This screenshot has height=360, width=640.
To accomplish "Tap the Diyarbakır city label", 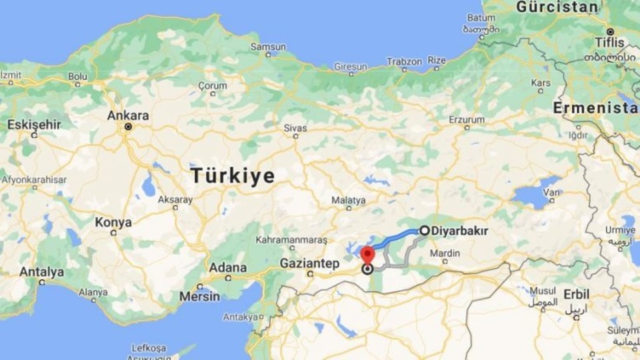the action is point(460,231).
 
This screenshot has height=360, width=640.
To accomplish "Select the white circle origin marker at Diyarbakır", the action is point(424,231).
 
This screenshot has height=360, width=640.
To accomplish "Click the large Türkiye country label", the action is point(233,176).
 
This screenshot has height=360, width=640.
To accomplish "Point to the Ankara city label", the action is point(128,115).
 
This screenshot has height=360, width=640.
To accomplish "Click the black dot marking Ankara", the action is point(128,126).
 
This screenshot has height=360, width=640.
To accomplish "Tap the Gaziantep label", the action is point(309,263).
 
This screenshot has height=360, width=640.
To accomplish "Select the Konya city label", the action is point(113,222).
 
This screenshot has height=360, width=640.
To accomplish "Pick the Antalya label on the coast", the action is point(41,272).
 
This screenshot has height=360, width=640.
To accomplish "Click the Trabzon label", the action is point(405,61).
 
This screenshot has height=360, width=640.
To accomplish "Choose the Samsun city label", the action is point(268,47).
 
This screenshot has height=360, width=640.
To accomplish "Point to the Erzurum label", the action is point(467,119).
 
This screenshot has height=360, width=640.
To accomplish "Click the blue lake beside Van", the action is point(533,195).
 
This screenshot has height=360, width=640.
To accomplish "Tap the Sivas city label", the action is point(295,126).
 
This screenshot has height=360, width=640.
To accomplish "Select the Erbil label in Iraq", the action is point(577,294).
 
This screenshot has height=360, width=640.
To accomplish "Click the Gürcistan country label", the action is point(557,7).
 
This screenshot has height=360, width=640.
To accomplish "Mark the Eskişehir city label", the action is point(34,124).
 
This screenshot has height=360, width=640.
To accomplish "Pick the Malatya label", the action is point(349,200).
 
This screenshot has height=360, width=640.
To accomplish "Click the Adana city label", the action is point(227,267).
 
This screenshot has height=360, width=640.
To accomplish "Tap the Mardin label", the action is point(445,253).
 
